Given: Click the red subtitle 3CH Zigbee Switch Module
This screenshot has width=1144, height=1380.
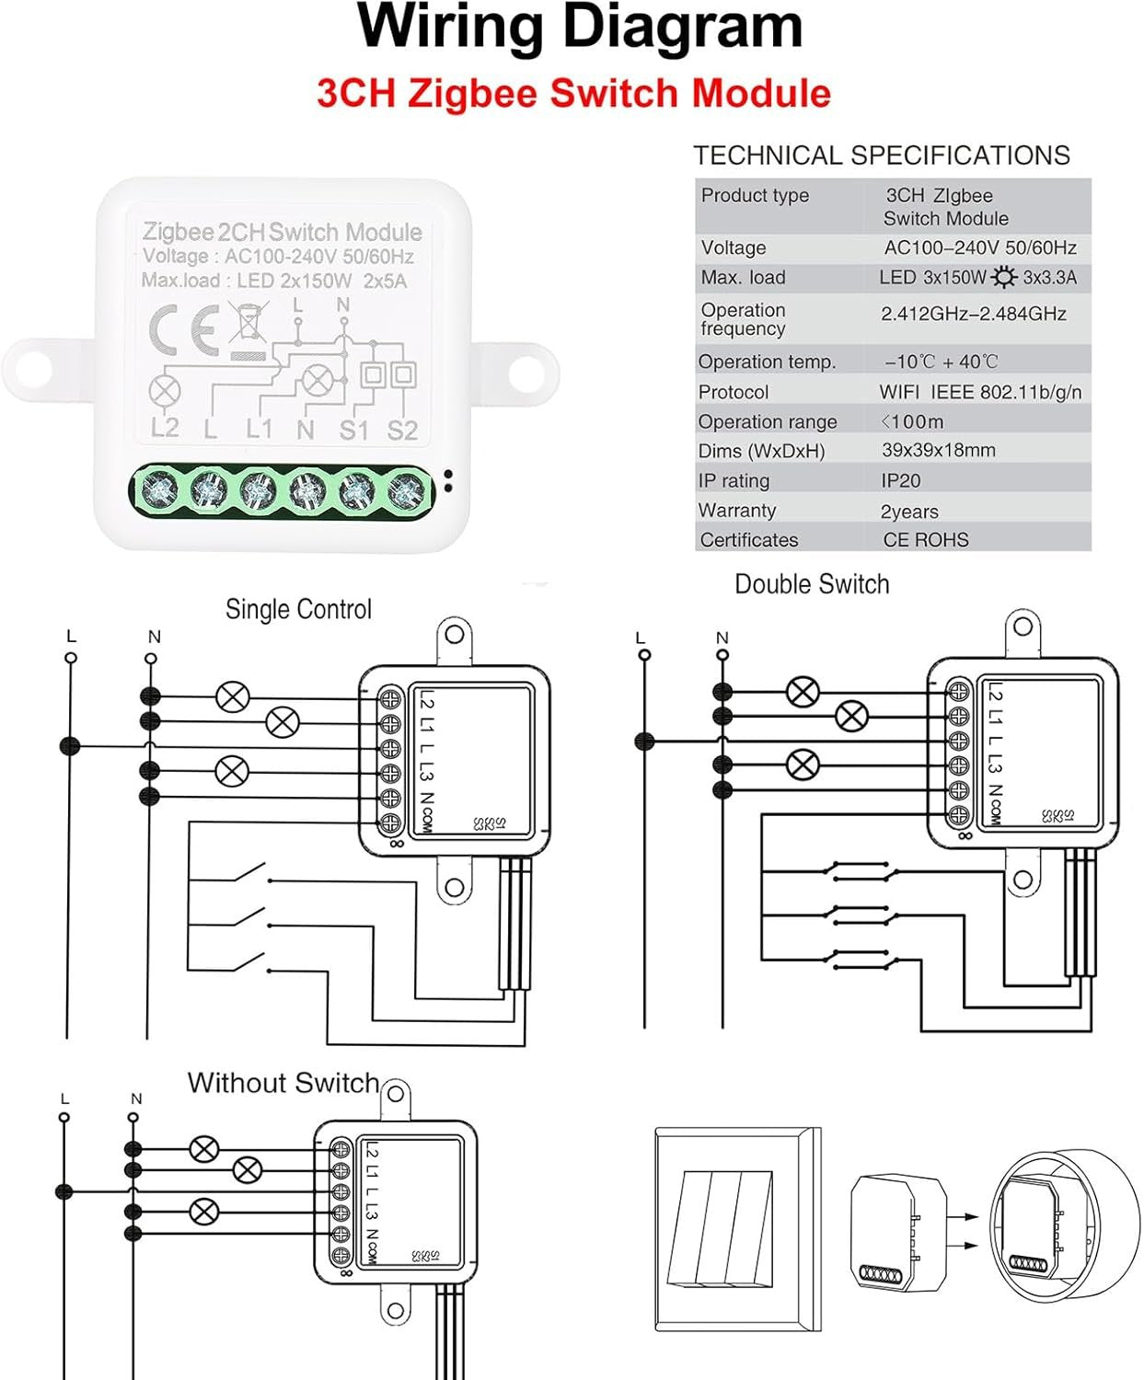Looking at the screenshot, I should pyautogui.click(x=573, y=94).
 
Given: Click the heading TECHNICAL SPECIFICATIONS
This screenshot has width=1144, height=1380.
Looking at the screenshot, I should pyautogui.click(x=881, y=155).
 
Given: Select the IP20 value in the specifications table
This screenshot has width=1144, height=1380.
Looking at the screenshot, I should pyautogui.click(x=900, y=480).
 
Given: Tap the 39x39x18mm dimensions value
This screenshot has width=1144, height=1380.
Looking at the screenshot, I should pyautogui.click(x=938, y=450).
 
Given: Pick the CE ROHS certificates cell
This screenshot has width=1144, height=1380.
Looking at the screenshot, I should pyautogui.click(x=925, y=540).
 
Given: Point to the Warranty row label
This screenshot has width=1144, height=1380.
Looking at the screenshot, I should pyautogui.click(x=736, y=511).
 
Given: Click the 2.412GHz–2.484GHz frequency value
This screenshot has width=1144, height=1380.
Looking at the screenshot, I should pyautogui.click(x=973, y=314).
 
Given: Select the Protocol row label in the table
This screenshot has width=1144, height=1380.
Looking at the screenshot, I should pyautogui.click(x=733, y=392).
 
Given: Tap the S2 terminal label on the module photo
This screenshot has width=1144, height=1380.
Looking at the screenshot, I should pyautogui.click(x=402, y=430).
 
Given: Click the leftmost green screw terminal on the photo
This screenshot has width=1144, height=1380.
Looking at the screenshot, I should pyautogui.click(x=160, y=489).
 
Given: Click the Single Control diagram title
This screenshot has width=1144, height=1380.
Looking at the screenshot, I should pyautogui.click(x=298, y=609).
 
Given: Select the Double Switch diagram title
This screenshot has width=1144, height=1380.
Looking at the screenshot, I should pyautogui.click(x=811, y=584).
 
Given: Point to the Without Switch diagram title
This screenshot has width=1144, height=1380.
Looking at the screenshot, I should pyautogui.click(x=283, y=1083).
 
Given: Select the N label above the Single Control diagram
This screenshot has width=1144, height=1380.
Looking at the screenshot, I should pyautogui.click(x=154, y=637).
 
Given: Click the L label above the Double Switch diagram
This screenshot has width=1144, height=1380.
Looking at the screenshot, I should pyautogui.click(x=641, y=638).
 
